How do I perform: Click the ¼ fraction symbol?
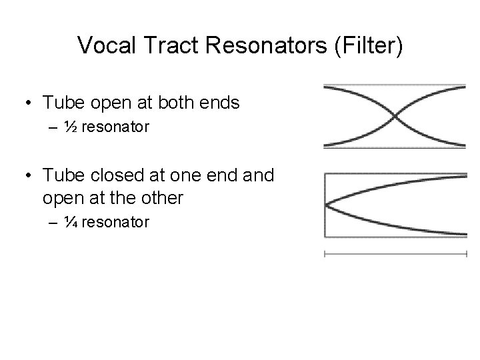coord(70,222)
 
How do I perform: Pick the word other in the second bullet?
coord(180,199)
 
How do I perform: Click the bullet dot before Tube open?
coord(29,103)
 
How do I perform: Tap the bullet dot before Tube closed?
coord(29,177)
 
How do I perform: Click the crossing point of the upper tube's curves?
coord(395,116)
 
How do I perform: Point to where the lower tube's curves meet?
coord(326,205)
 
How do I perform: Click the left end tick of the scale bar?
coord(324,254)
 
